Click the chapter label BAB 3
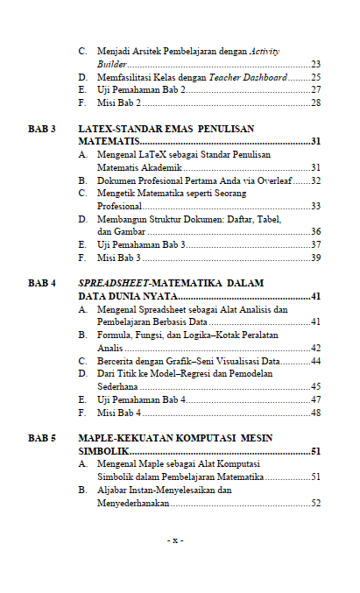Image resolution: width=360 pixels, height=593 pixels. click(42, 129)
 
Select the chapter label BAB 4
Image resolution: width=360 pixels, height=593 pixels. click(42, 284)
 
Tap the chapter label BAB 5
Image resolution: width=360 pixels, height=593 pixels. click(42, 438)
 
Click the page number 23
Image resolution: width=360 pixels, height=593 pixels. click(315, 65)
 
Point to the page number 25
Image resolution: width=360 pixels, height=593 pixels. click(315, 77)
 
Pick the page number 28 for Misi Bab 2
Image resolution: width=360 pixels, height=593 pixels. click(315, 102)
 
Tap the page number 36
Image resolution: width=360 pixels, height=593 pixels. click(315, 232)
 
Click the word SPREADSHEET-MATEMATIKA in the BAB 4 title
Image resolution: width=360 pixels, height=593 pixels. click(141, 284)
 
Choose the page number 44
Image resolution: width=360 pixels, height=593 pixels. click(315, 361)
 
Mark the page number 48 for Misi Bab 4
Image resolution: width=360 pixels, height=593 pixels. click(315, 413)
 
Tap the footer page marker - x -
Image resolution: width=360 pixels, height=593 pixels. click(175, 540)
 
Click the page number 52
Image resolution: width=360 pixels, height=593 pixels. click(315, 504)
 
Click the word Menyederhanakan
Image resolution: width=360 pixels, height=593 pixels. click(132, 504)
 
